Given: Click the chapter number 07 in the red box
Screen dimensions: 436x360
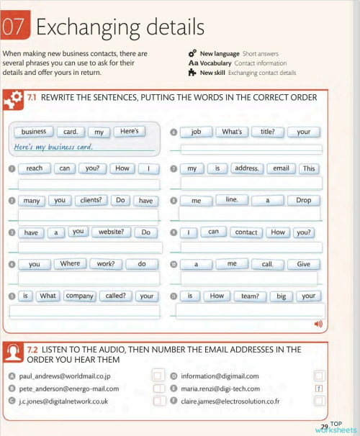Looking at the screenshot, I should pyautogui.click(x=13, y=27).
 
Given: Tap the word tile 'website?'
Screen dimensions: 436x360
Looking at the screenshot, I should pyautogui.click(x=111, y=232).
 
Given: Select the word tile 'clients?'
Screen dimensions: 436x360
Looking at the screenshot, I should pyautogui.click(x=91, y=201).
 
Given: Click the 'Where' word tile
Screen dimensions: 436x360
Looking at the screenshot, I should pyautogui.click(x=70, y=264).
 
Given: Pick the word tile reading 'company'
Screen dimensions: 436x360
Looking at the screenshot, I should pyautogui.click(x=79, y=296).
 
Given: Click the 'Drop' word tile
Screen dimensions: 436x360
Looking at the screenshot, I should pyautogui.click(x=303, y=201).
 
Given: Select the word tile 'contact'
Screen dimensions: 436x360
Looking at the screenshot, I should pyautogui.click(x=246, y=232).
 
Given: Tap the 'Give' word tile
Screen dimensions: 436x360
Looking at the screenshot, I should pyautogui.click(x=303, y=264).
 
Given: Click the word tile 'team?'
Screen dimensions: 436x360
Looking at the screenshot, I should pyautogui.click(x=250, y=296).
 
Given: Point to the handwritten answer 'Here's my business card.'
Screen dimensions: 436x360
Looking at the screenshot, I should pyautogui.click(x=53, y=147).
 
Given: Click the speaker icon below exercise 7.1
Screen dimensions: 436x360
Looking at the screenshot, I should pyautogui.click(x=318, y=324).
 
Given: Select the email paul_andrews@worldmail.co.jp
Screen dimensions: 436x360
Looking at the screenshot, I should pyautogui.click(x=65, y=376).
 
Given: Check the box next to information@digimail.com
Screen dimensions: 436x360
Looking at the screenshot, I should pyautogui.click(x=319, y=376).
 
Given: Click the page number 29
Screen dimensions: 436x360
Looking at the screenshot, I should pyautogui.click(x=324, y=427).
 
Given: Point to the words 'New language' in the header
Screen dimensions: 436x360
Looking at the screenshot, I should pyautogui.click(x=220, y=54).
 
